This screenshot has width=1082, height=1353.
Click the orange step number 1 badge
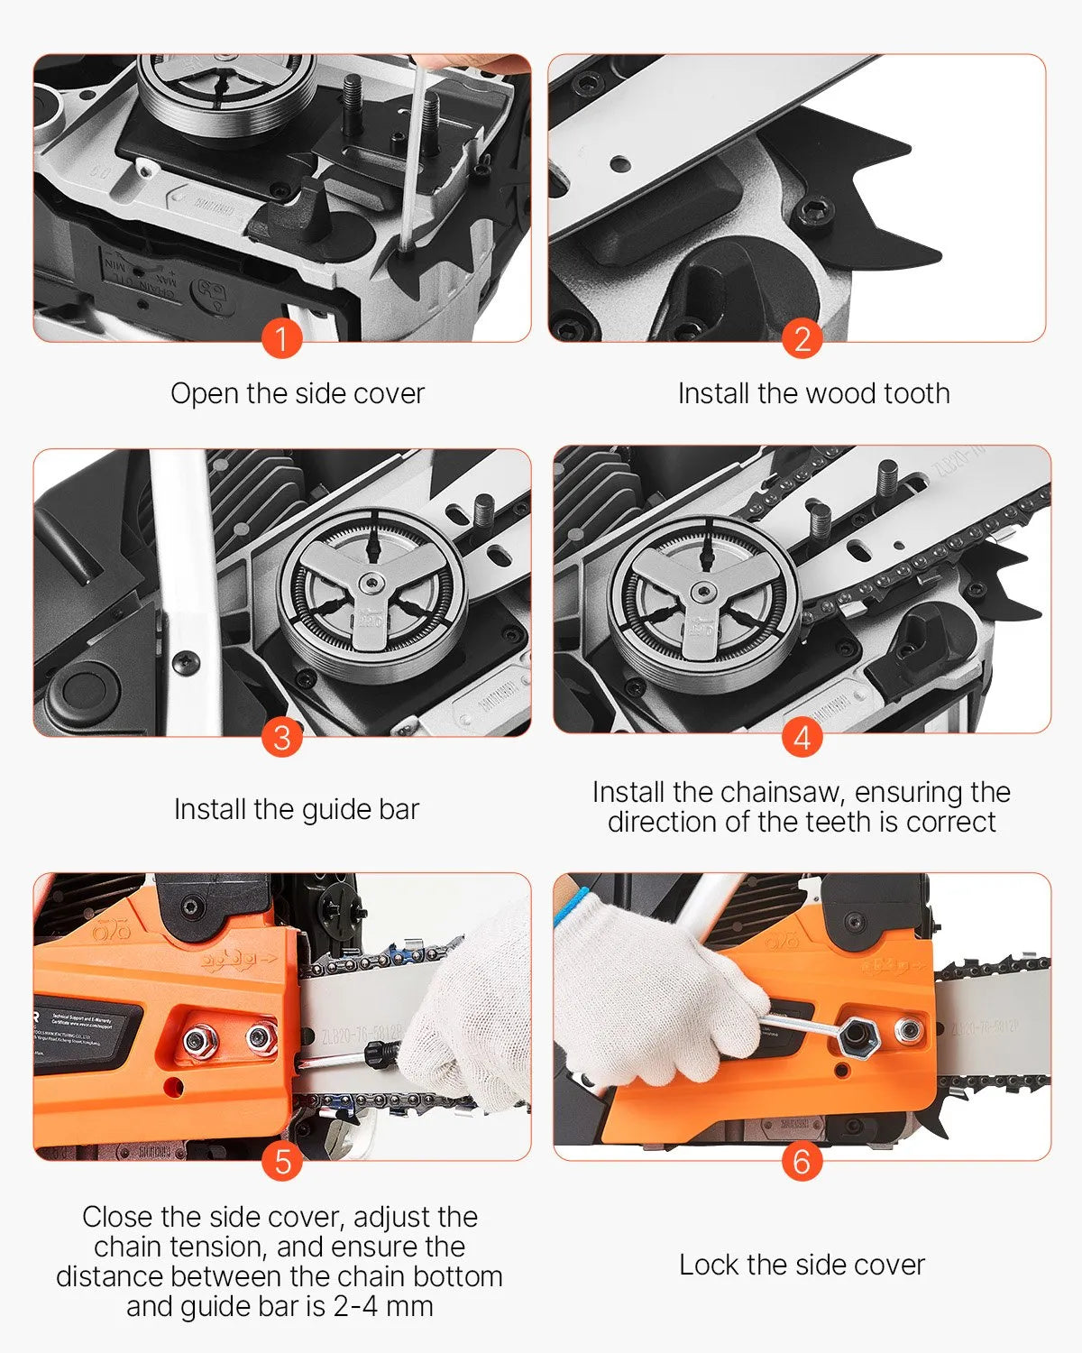(281, 339)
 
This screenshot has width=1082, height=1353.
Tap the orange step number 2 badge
(802, 339)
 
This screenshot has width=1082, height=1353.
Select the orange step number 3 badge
(281, 737)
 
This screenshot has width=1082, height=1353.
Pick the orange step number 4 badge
(802, 737)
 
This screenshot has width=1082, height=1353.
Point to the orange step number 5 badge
(281, 1161)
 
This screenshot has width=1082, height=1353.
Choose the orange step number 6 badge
(802, 1161)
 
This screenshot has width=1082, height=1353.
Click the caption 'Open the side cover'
(298, 393)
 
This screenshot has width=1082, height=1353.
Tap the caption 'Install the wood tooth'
(813, 393)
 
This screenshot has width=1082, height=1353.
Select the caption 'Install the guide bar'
(297, 809)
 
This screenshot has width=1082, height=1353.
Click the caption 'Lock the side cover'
(802, 1265)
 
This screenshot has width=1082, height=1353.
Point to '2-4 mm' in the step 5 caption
(383, 1306)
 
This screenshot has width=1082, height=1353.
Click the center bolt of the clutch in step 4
(703, 593)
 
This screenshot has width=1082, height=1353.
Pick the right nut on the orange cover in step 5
(261, 1039)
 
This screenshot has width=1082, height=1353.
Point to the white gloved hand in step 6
(658, 1001)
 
